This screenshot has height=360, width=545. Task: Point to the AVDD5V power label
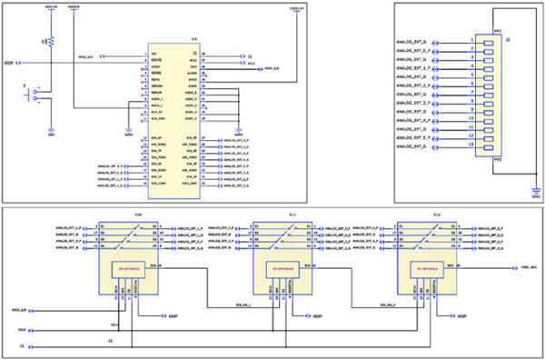(74, 7)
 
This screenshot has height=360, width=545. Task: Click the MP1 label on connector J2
(497, 31)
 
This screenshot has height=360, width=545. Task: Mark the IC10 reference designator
(137, 215)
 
